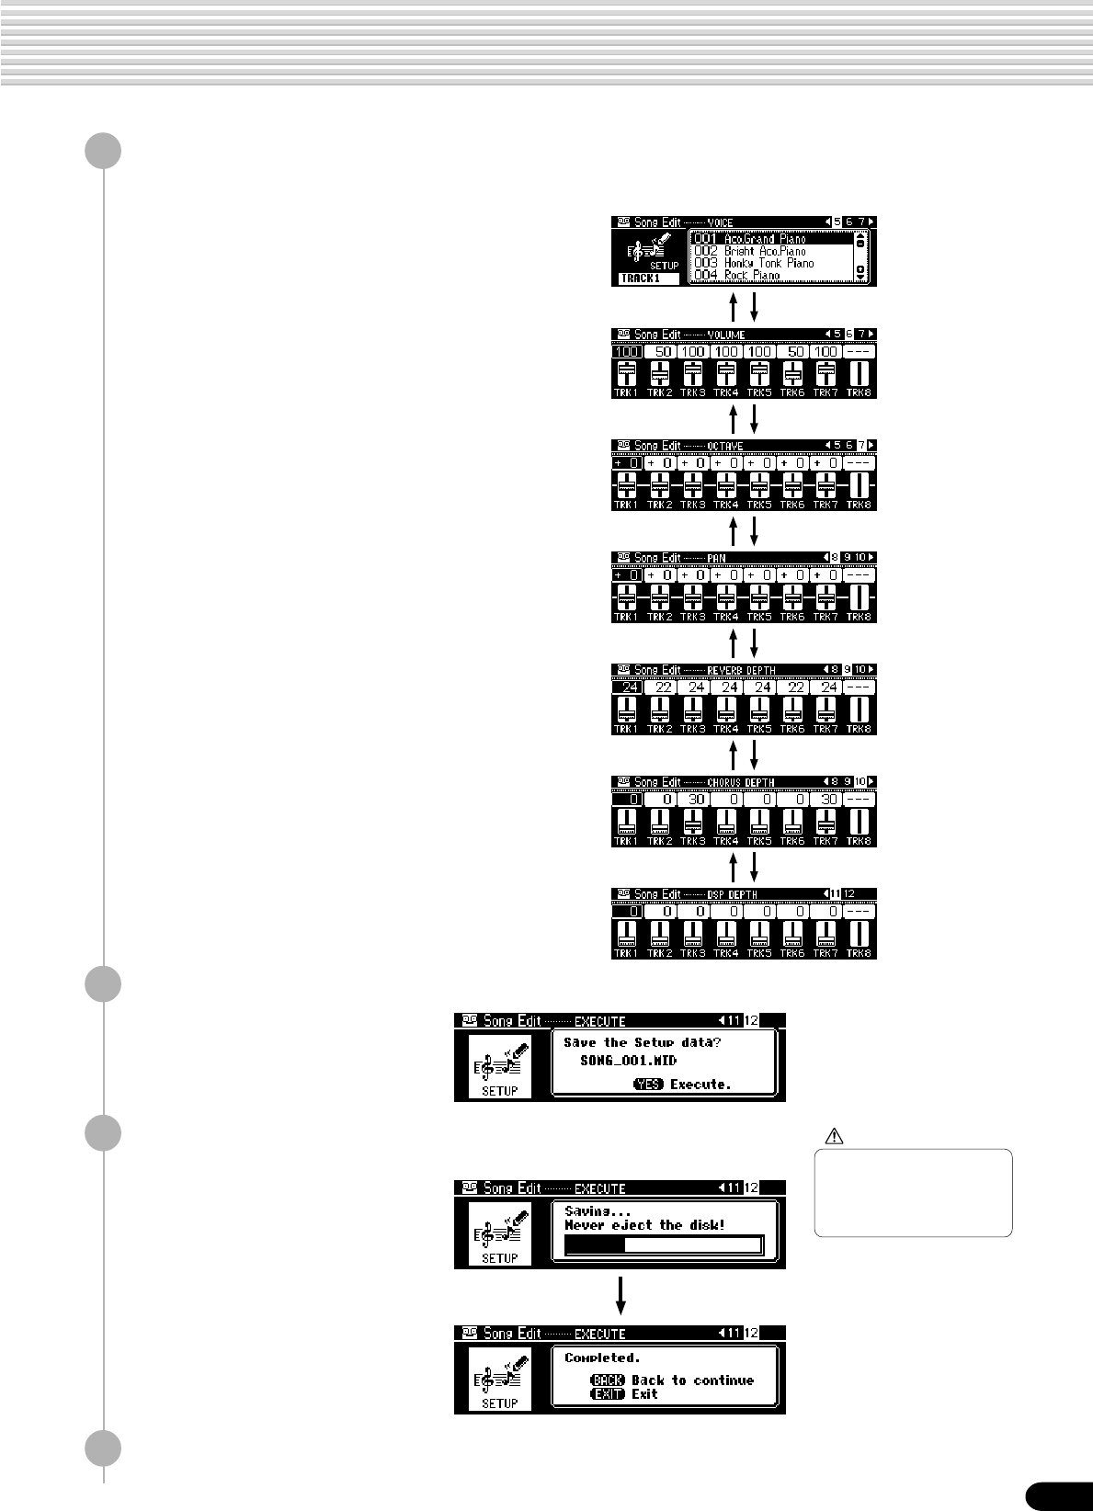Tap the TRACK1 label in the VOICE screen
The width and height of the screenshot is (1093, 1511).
642,278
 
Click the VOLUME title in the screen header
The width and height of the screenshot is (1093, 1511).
726,335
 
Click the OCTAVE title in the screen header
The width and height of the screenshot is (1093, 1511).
725,447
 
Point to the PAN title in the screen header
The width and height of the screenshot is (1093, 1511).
717,559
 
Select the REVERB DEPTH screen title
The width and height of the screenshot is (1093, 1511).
741,671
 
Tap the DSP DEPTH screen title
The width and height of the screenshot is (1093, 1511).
733,895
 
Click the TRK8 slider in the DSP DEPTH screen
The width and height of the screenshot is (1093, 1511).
859,934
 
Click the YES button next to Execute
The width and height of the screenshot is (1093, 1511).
648,1085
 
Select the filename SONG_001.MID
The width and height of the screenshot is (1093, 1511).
628,1061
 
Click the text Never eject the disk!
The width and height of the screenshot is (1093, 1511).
644,1225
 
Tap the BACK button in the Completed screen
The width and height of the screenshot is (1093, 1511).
608,1380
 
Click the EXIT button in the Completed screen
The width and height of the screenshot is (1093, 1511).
608,1394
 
